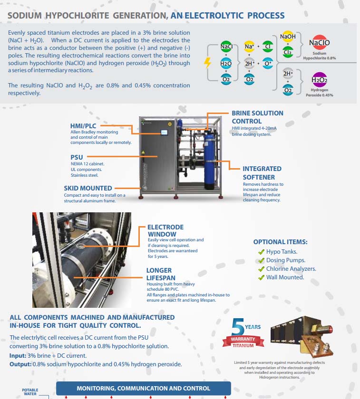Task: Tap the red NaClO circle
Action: pos(319,43)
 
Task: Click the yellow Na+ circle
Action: pos(249,47)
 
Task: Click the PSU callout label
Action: pos(77,156)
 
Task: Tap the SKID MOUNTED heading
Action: pos(88,188)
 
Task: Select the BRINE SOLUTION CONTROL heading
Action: pos(257,117)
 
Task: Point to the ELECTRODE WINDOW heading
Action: pos(165,230)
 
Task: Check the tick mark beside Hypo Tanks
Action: pos(261,252)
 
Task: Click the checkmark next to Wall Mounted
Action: pos(261,277)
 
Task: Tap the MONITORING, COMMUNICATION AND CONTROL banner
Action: pos(143,388)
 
